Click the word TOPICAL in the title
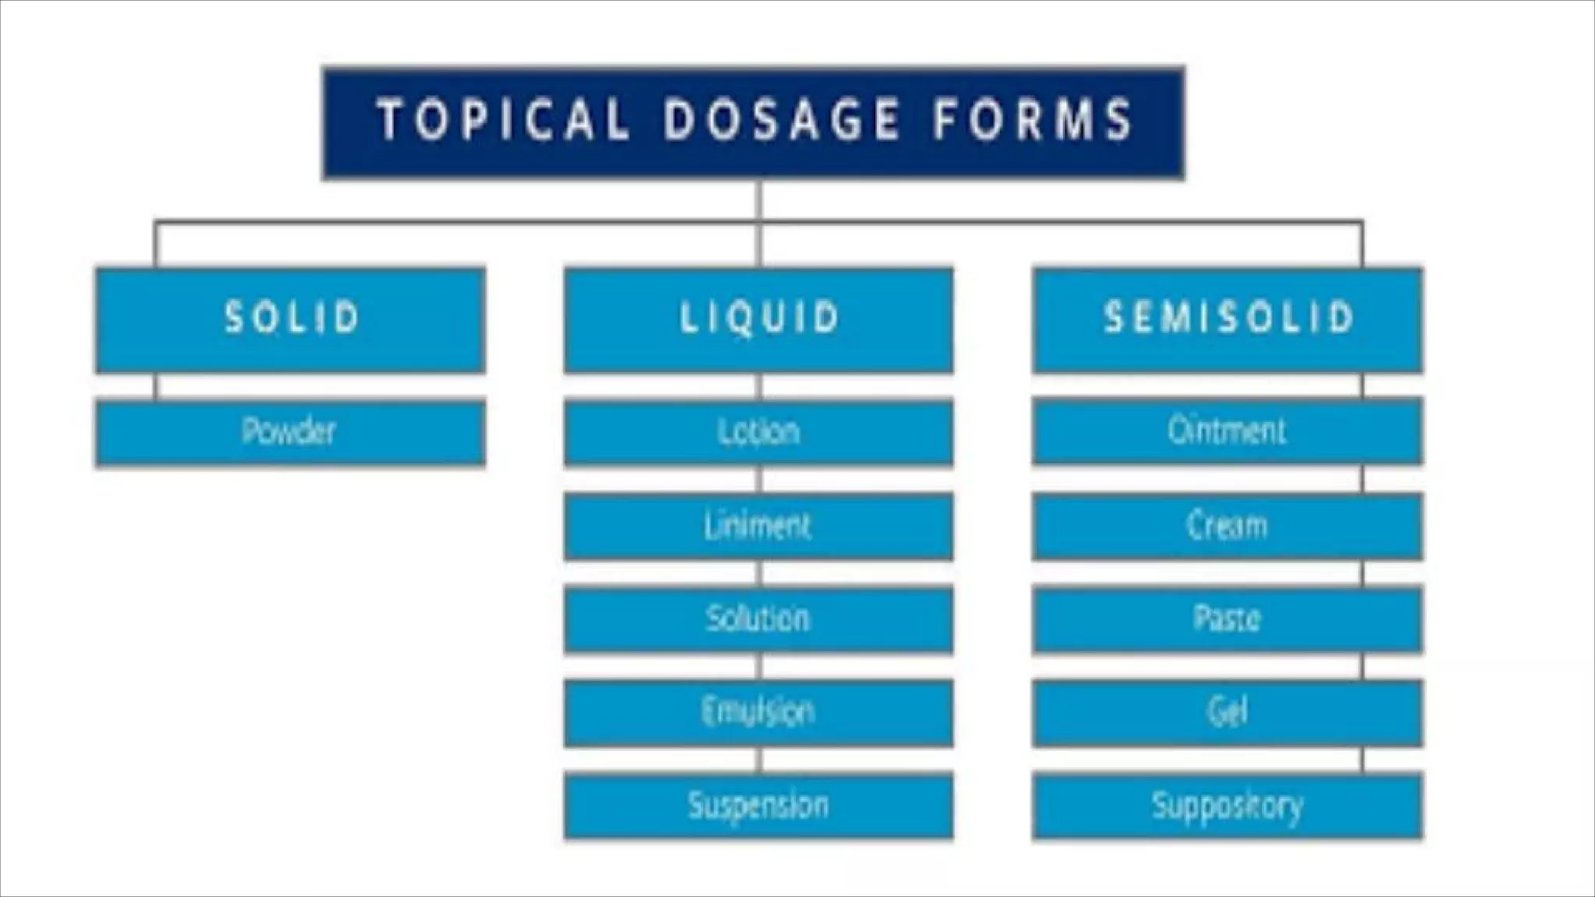tap(503, 121)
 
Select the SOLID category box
tap(290, 319)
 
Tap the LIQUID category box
tap(759, 319)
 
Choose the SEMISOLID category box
tap(1227, 319)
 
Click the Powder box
tap(290, 432)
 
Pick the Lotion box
tap(759, 432)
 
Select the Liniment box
tap(759, 526)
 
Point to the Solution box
tap(759, 620)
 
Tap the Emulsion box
tap(759, 712)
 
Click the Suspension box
tap(759, 805)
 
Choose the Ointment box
tap(1227, 431)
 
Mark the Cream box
tap(1227, 526)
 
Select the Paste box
tap(1227, 620)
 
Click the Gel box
tap(1227, 712)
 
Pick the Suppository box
tap(1227, 805)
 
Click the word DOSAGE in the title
tap(781, 121)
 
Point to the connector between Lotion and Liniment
tap(761, 479)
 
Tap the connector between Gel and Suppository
tap(1363, 758)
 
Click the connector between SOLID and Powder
tap(156, 386)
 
